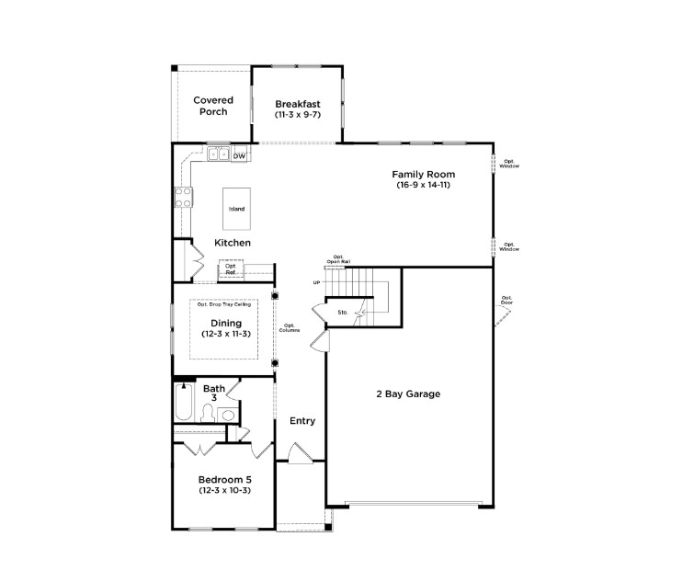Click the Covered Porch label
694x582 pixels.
[x=212, y=106]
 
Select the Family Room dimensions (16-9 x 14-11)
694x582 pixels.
[x=423, y=185]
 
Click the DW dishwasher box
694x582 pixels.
[x=239, y=156]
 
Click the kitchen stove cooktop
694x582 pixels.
[x=183, y=196]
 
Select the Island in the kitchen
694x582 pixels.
[x=237, y=210]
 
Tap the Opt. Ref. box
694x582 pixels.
[x=231, y=269]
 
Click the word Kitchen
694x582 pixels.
[x=233, y=243]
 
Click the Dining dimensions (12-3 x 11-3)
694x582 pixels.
[x=226, y=334]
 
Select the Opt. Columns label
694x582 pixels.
[x=290, y=327]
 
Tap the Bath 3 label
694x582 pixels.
[x=214, y=393]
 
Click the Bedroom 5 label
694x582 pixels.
[x=225, y=479]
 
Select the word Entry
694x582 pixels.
[x=302, y=421]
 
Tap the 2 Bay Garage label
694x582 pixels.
[x=407, y=394]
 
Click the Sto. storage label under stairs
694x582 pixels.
[x=342, y=313]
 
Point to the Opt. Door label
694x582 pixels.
[x=507, y=300]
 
